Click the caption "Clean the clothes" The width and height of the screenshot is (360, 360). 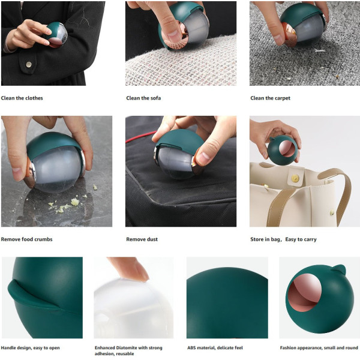point(22,98)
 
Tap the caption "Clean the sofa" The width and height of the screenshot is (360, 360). point(143,98)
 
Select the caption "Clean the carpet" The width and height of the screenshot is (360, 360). point(270,98)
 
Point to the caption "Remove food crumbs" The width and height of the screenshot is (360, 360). point(26,239)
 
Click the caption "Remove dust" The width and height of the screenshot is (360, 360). point(142,239)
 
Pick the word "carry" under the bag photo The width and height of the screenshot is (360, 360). point(310,239)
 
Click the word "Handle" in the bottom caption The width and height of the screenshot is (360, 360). point(8,348)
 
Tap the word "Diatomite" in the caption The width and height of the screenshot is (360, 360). point(127,348)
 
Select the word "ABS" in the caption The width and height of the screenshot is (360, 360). point(192,348)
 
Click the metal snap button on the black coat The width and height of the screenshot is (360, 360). point(29,65)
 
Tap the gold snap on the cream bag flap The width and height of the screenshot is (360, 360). point(295,178)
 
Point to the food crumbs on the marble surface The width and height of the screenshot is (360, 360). point(69,203)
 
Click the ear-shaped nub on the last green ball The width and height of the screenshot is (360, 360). point(339,268)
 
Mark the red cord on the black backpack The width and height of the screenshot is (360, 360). point(140,137)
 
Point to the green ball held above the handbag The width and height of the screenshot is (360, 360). point(283,150)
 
